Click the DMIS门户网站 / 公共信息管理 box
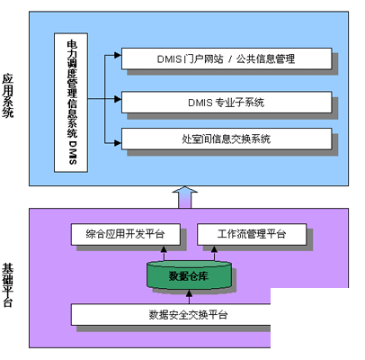pos(227,58)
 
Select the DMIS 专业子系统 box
pos(227,103)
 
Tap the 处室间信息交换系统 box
pos(227,139)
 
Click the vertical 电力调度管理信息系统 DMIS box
pos(71,103)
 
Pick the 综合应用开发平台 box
pos(126,234)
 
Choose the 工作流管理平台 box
pos(252,234)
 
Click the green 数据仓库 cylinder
pos(189,275)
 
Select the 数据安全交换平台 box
pos(171,314)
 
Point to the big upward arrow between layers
pos(185,197)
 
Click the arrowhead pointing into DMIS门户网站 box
pos(118,55)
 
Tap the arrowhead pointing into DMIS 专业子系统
pos(118,99)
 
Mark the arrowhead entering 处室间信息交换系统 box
pos(118,143)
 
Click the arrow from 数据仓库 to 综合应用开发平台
pos(164,253)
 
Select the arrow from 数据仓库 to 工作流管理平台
pos(214,253)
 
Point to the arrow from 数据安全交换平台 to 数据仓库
pos(189,297)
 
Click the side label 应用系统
pos(8,95)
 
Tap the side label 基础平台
pos(8,285)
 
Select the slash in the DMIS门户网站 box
pos(230,59)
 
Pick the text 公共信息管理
pos(265,59)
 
